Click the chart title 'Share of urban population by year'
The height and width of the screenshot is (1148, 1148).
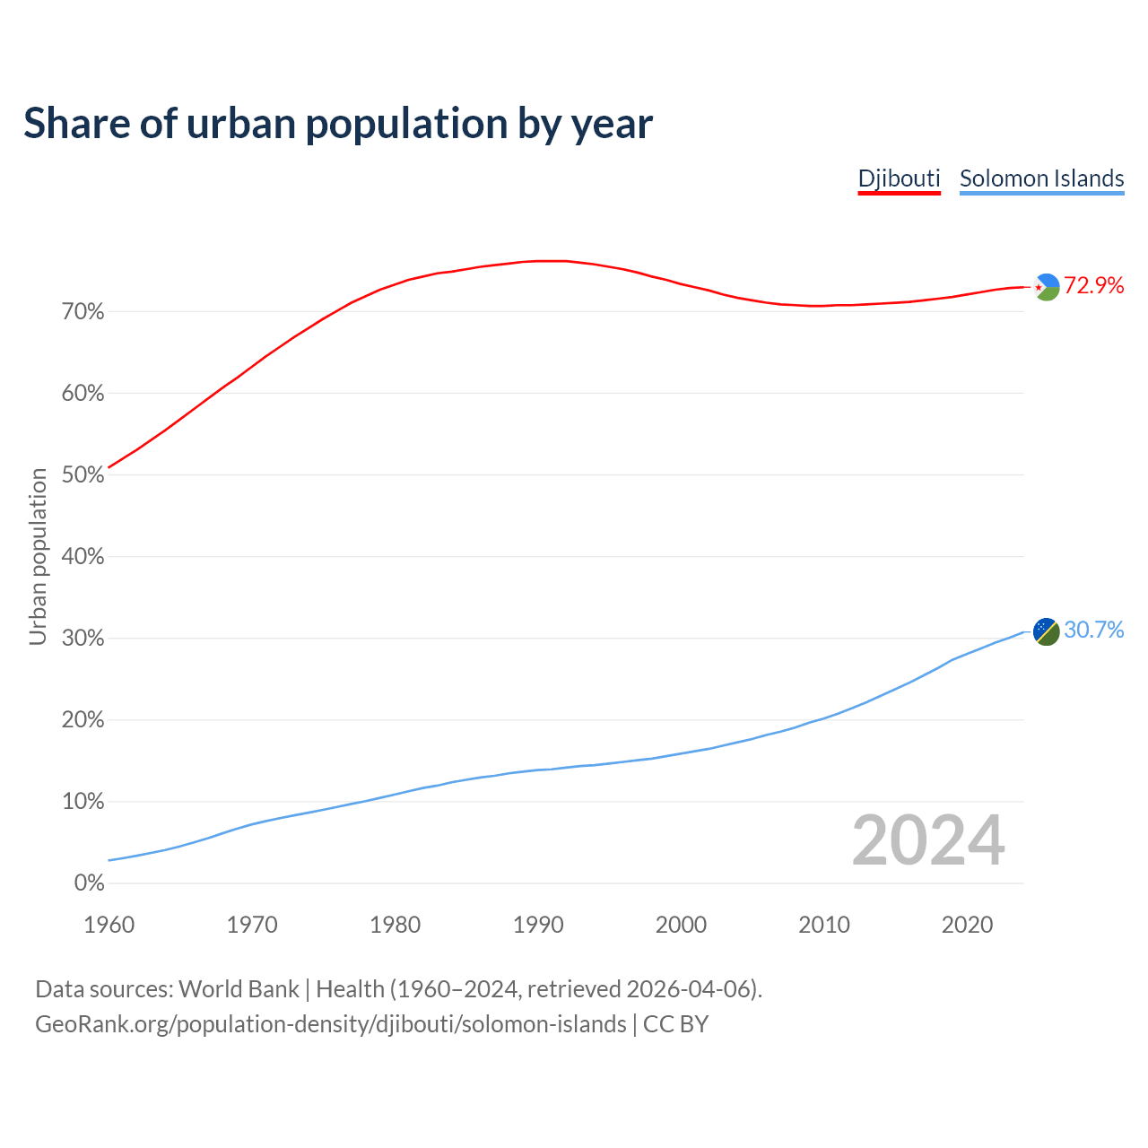click(x=338, y=124)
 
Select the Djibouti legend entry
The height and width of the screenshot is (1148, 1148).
click(x=899, y=178)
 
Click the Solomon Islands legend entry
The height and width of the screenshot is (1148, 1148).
click(x=1041, y=178)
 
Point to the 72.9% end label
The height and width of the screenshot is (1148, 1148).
click(x=1093, y=286)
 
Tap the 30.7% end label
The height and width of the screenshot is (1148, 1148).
click(x=1093, y=631)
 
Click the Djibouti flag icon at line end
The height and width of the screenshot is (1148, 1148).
click(x=1047, y=287)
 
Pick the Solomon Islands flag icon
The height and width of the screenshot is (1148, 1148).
click(x=1047, y=631)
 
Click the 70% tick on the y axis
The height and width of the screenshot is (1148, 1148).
click(x=83, y=312)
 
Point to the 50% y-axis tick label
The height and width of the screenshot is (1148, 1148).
click(x=83, y=475)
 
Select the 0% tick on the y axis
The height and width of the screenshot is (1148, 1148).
click(x=89, y=883)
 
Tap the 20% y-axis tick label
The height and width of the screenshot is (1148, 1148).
click(x=83, y=720)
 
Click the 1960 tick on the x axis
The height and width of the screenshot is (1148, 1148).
click(x=109, y=925)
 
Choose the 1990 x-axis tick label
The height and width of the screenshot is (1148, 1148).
click(x=538, y=925)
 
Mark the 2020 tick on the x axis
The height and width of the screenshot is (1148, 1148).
click(x=967, y=925)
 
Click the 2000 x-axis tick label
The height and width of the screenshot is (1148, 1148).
click(x=681, y=925)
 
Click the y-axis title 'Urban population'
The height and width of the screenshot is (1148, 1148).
click(x=38, y=557)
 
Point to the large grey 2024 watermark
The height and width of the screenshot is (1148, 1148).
click(x=928, y=841)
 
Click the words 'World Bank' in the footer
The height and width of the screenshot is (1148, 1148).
click(x=239, y=989)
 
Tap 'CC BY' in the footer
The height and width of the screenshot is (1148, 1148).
click(x=675, y=1024)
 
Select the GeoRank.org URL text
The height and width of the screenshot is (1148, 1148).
click(x=330, y=1024)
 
